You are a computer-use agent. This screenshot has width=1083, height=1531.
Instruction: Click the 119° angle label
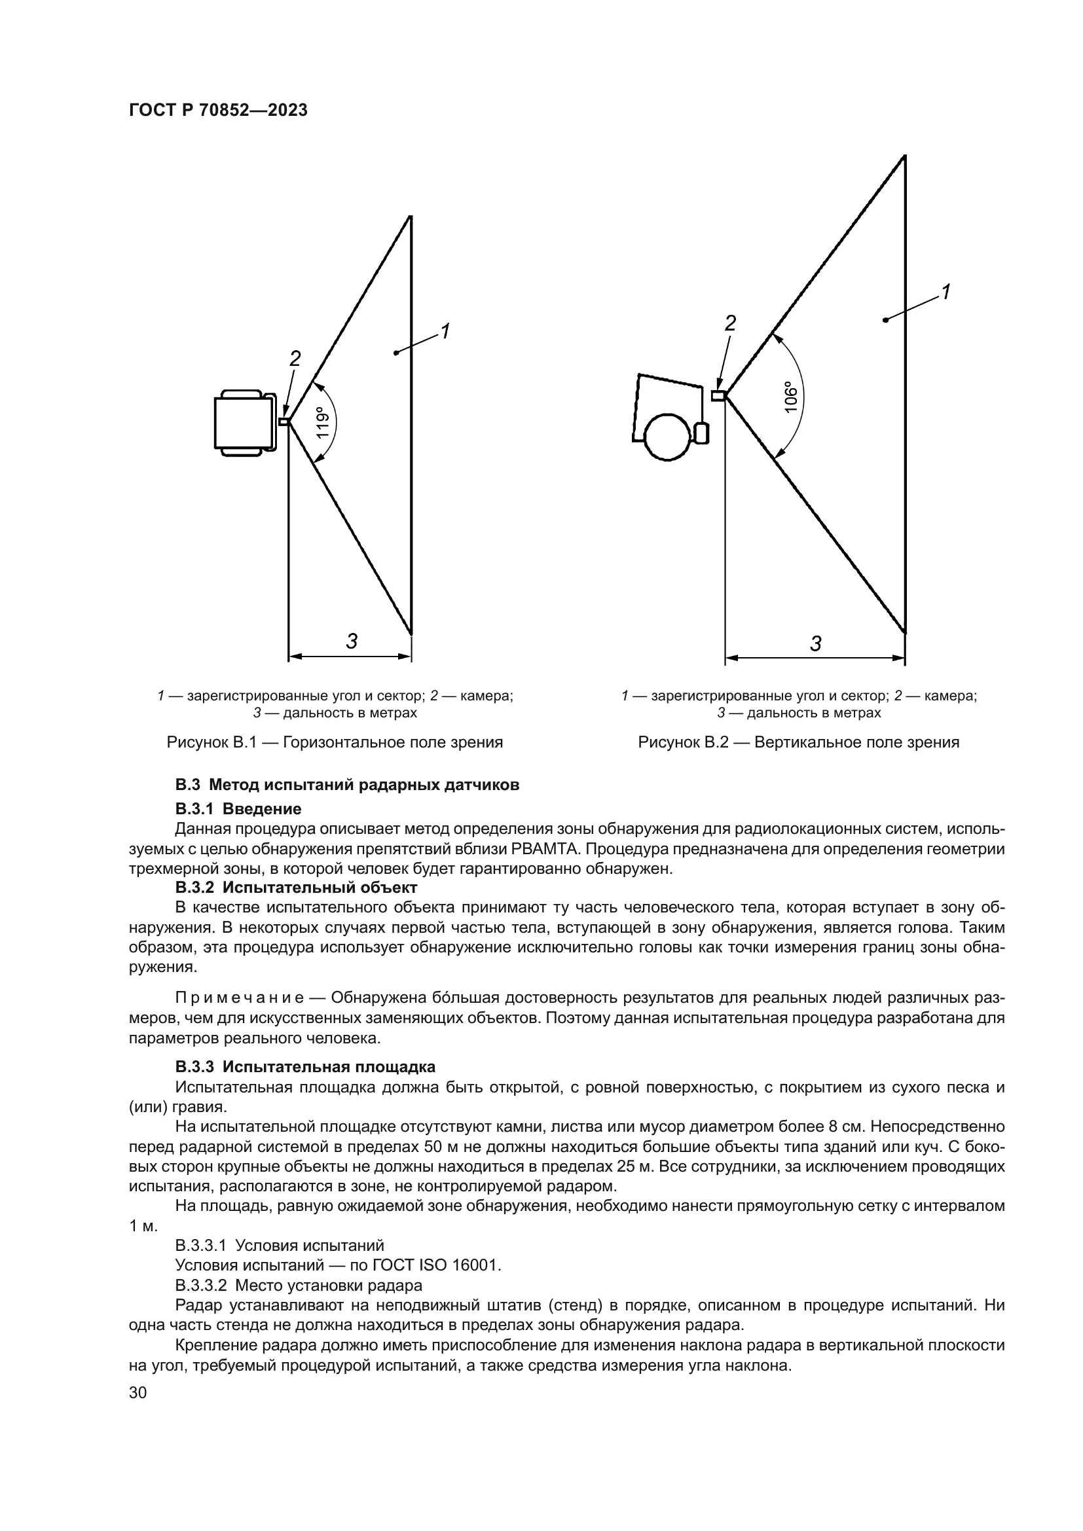pyautogui.click(x=323, y=422)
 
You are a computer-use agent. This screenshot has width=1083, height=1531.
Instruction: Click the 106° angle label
pyautogui.click(x=791, y=397)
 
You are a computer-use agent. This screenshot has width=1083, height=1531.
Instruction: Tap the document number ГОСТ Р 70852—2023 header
pyautogui.click(x=218, y=111)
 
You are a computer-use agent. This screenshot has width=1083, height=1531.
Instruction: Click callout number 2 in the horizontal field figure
pyautogui.click(x=295, y=359)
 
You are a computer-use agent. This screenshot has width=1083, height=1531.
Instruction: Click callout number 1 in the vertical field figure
pyautogui.click(x=945, y=292)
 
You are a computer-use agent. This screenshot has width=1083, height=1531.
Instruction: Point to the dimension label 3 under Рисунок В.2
pyautogui.click(x=815, y=643)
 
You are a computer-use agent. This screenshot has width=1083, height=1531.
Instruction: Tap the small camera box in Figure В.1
pyautogui.click(x=284, y=422)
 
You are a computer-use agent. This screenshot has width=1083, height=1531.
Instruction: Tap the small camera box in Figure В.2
pyautogui.click(x=718, y=396)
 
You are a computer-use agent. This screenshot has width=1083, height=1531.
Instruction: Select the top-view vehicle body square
pyautogui.click(x=242, y=423)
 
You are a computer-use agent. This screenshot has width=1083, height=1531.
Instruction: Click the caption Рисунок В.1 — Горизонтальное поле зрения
pyautogui.click(x=335, y=742)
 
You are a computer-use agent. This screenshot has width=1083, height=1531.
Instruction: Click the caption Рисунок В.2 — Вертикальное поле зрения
pyautogui.click(x=798, y=742)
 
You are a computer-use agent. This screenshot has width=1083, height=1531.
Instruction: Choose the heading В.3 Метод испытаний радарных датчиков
pyautogui.click(x=347, y=785)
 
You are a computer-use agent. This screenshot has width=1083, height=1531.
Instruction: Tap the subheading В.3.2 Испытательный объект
pyautogui.click(x=296, y=888)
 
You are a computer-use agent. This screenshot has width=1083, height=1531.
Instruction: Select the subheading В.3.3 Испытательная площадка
pyautogui.click(x=305, y=1066)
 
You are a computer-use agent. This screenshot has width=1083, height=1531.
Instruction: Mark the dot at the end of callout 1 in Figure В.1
pyautogui.click(x=396, y=352)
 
